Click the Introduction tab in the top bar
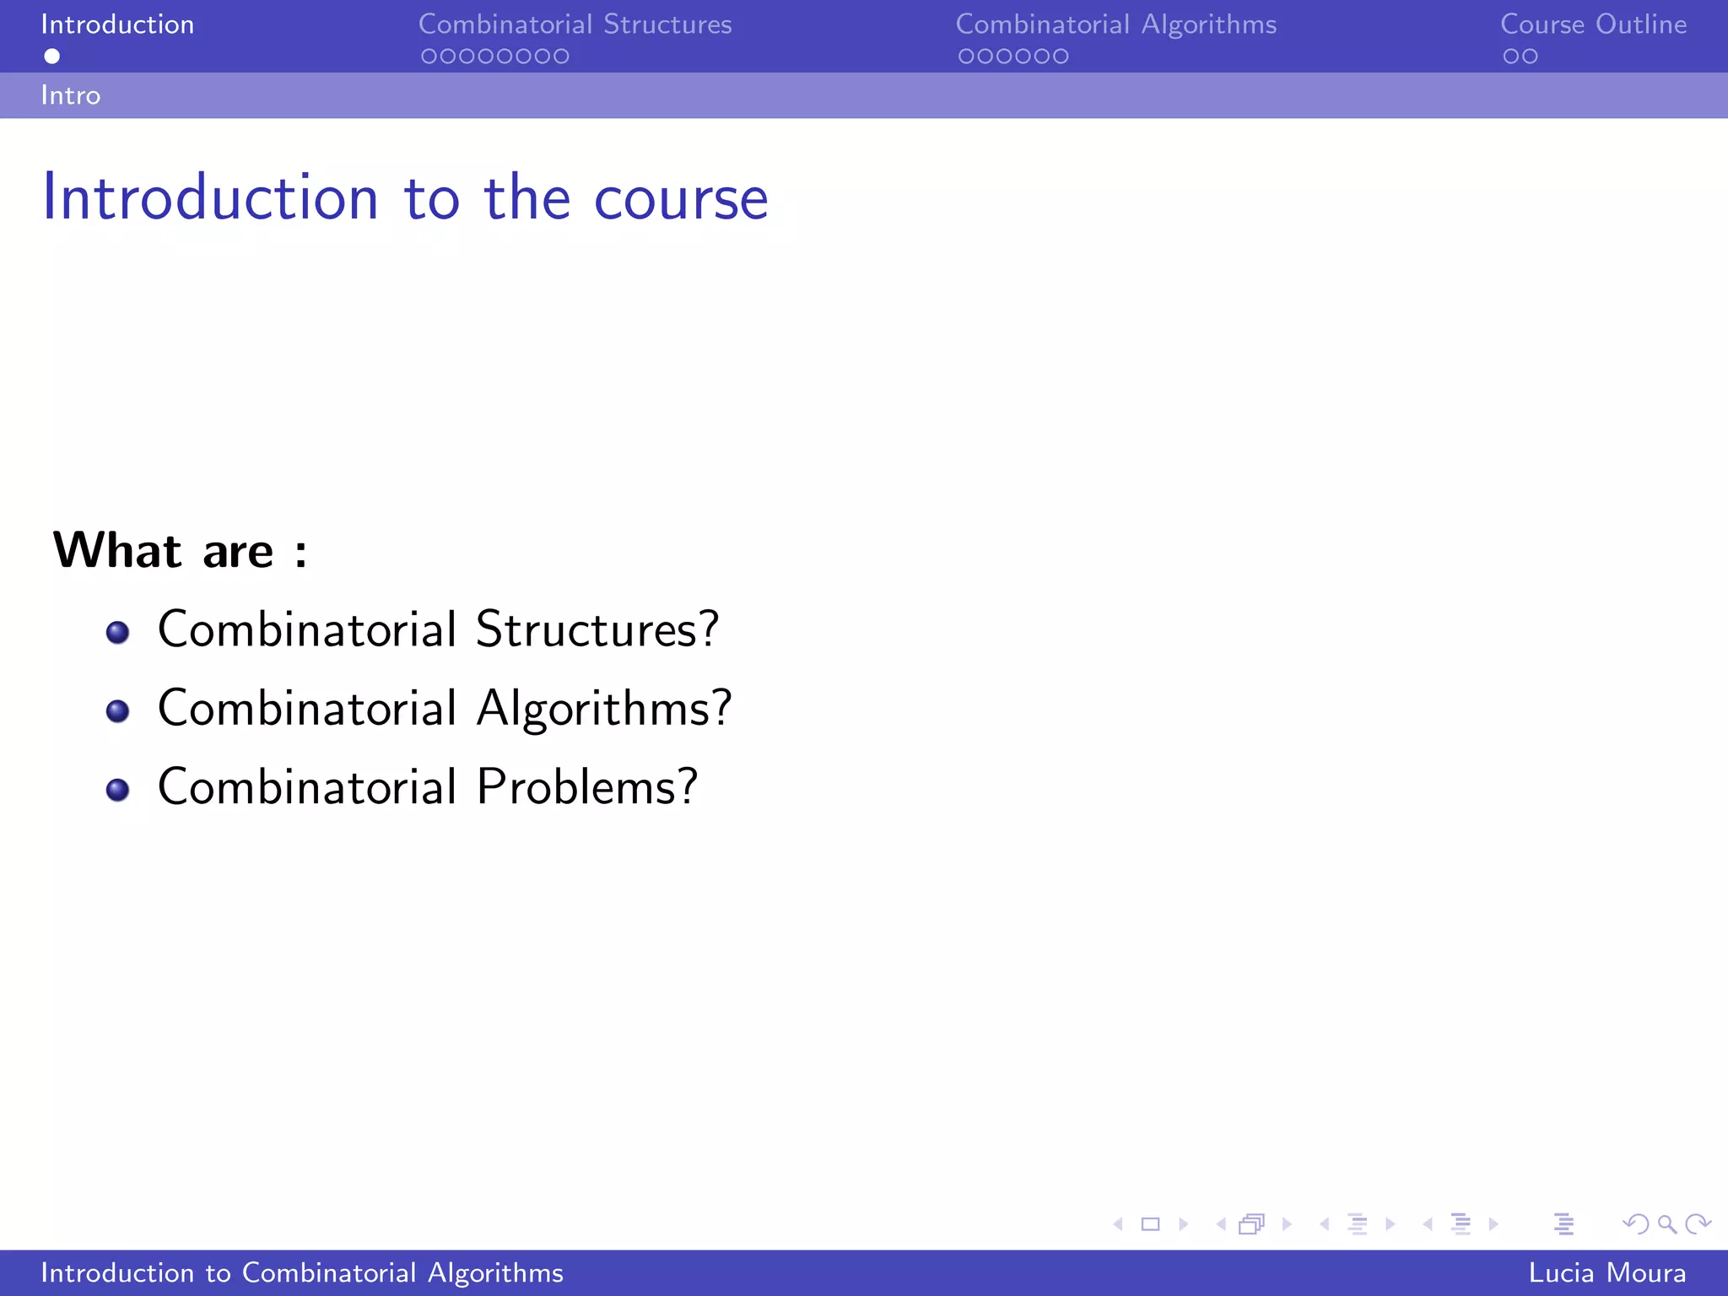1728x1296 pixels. tap(117, 24)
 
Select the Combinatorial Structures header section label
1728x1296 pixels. tap(575, 24)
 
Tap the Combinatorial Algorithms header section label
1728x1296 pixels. tap(1115, 24)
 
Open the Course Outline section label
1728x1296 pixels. tap(1593, 24)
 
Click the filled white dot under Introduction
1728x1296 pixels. tap(52, 57)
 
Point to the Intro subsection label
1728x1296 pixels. tap(71, 95)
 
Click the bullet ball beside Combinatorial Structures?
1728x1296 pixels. tap(118, 632)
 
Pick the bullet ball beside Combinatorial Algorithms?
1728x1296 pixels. tap(118, 710)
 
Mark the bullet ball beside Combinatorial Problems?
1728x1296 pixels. tap(118, 790)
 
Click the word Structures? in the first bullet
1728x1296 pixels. tap(597, 629)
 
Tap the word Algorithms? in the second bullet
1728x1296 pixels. tap(603, 709)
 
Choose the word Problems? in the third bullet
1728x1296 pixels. tap(586, 787)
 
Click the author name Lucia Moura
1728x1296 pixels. tap(1606, 1272)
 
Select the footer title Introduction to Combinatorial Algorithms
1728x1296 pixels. tap(302, 1272)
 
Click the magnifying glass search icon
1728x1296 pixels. tap(1666, 1223)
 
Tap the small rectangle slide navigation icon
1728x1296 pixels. tap(1150, 1223)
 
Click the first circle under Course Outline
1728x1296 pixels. tap(1510, 57)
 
